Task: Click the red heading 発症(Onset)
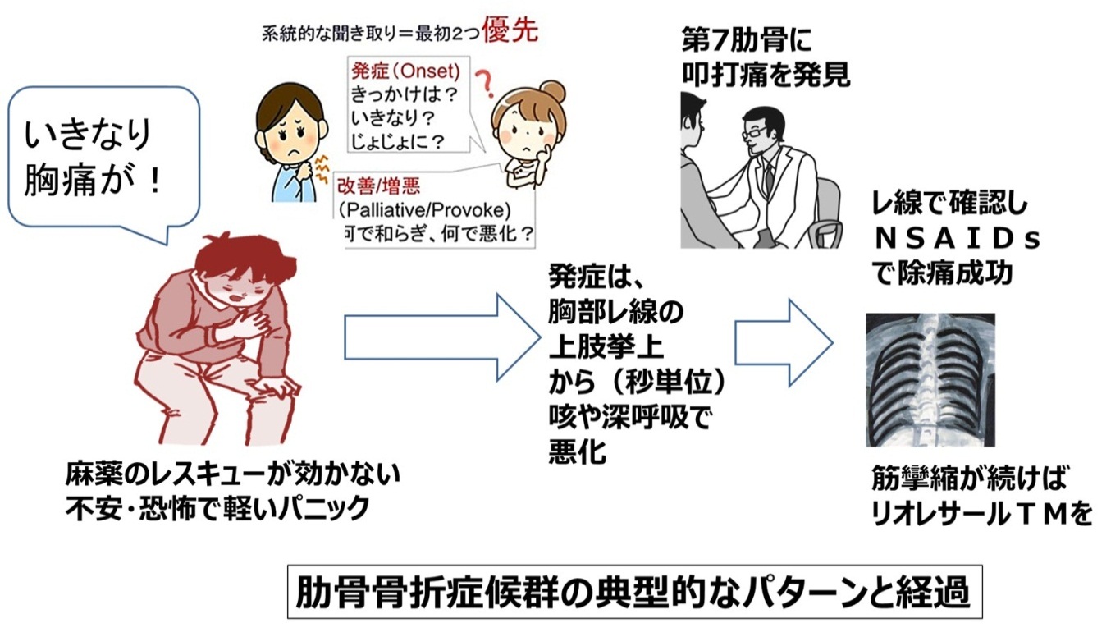click(405, 70)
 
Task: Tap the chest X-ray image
click(930, 378)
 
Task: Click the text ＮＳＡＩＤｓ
click(957, 240)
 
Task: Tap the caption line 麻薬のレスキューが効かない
click(233, 474)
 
